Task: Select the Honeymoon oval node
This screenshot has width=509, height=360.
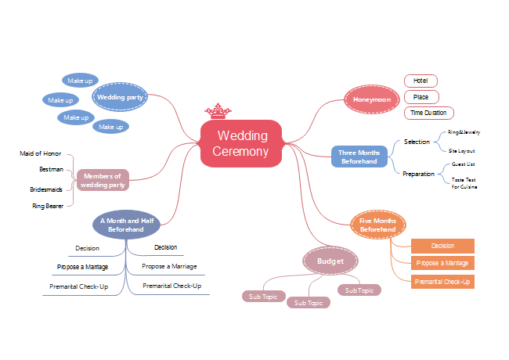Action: tap(373, 99)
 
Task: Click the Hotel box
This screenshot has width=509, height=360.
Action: tap(421, 81)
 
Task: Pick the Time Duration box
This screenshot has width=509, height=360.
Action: tap(429, 113)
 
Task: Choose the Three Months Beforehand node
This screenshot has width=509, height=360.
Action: tap(359, 157)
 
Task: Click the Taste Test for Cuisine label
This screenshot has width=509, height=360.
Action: tap(464, 184)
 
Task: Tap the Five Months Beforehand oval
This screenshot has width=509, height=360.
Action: tap(377, 225)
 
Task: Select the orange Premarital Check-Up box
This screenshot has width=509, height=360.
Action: tap(442, 282)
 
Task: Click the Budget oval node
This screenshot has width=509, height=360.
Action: tap(330, 260)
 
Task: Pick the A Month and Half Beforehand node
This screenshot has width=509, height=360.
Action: tap(126, 225)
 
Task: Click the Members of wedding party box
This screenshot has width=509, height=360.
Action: tap(103, 181)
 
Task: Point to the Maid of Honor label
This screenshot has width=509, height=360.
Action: tap(40, 153)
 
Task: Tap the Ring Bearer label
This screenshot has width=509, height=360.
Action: tap(48, 206)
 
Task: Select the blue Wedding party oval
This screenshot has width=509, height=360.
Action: tap(120, 98)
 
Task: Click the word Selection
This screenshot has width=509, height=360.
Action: tap(417, 142)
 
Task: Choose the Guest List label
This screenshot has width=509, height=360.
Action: tap(464, 164)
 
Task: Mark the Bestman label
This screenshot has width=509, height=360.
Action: tap(51, 168)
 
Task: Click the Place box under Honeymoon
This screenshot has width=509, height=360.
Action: tap(421, 97)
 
